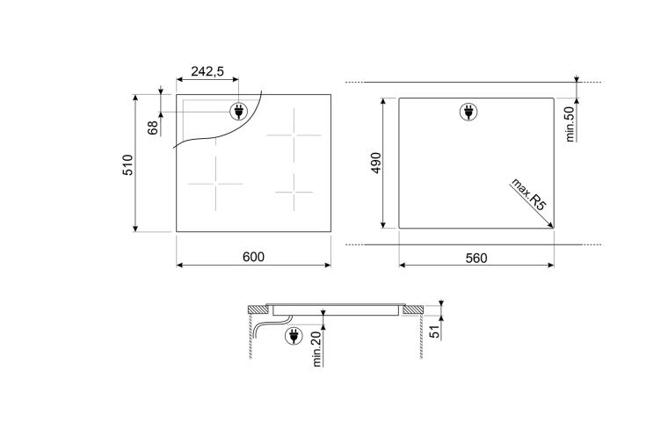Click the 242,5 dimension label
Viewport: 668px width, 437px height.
tap(207, 71)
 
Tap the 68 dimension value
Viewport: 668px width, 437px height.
tap(153, 127)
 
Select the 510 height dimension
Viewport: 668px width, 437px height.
tap(127, 164)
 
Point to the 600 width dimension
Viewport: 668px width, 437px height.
tap(253, 257)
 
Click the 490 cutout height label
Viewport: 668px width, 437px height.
tap(376, 163)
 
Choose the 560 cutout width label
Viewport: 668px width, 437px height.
tap(476, 258)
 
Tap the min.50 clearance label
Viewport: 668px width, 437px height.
tap(570, 124)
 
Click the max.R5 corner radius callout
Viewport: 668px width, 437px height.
tap(528, 194)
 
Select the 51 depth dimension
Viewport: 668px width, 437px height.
tap(434, 331)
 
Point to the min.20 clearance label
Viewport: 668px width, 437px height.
tap(317, 349)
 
